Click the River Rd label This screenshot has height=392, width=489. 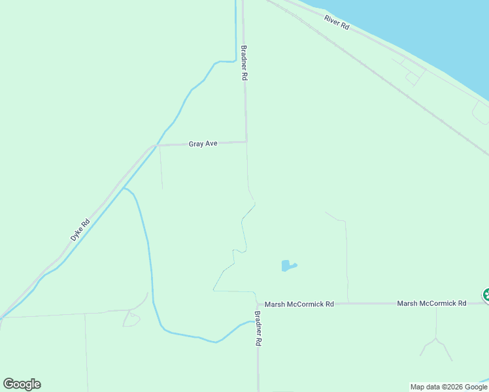pos(337,22)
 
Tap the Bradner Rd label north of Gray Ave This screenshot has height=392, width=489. pos(244,63)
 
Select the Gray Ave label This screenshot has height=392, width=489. pos(203,143)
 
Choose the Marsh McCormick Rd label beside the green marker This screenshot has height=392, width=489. pos(431,303)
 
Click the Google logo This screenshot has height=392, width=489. pos(22,384)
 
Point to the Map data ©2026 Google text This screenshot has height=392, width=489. pos(449,387)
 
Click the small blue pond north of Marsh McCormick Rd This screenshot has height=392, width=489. pos(287,266)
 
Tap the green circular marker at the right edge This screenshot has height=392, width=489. pos(486,295)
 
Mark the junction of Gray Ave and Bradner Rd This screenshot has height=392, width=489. pos(246,141)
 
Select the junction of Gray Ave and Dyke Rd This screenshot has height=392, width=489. pos(156,145)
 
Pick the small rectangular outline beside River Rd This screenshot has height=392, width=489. pos(412,78)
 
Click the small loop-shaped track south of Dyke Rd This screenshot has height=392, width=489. pos(131,319)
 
